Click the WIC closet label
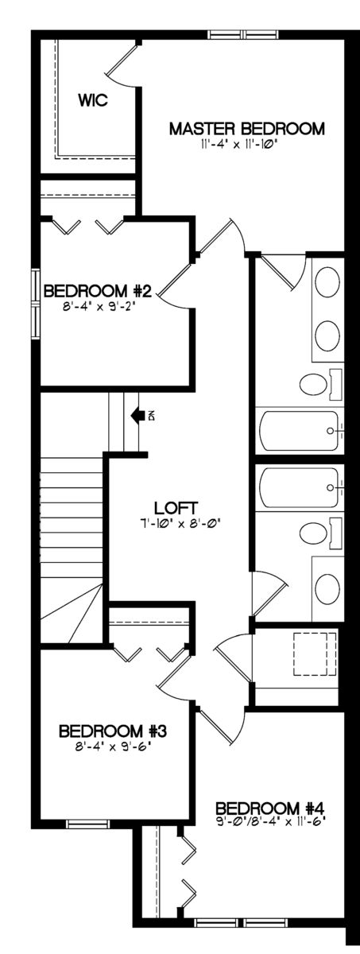click(x=93, y=100)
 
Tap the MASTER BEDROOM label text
click(x=247, y=129)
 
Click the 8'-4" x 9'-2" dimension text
click(x=99, y=307)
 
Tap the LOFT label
click(x=176, y=508)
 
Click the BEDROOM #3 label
click(x=112, y=731)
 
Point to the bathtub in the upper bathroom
click(x=300, y=431)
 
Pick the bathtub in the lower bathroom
click(x=300, y=487)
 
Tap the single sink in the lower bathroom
click(x=327, y=588)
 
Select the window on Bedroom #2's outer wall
click(x=36, y=303)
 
